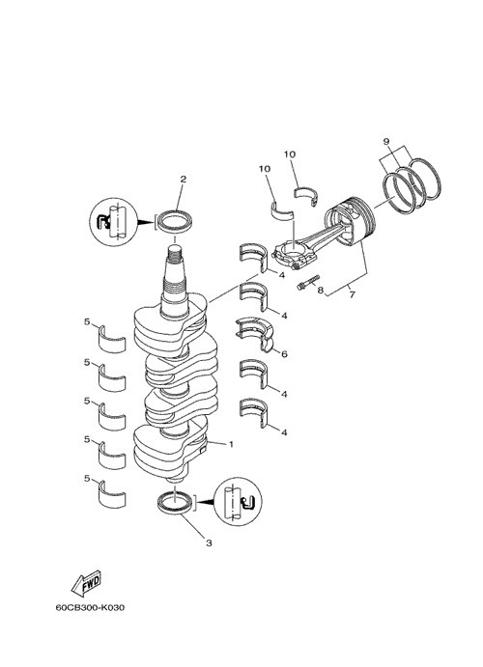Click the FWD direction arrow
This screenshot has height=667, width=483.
pos(86,583)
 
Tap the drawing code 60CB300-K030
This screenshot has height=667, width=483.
pos(90,607)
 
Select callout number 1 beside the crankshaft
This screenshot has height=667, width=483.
pos(231,445)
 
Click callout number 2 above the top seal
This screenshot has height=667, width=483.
pos(183,180)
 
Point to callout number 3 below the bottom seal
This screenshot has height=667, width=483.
pos(209,543)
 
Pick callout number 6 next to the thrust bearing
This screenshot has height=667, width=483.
pos(284,354)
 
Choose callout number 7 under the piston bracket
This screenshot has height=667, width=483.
pos(352,294)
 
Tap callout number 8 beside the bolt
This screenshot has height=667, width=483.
pos(320,291)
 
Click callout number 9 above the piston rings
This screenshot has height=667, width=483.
pos(386,141)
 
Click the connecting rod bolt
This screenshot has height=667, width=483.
pos(308,283)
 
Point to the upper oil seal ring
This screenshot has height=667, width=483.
pos(175,221)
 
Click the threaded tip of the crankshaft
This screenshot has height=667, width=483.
pos(175,255)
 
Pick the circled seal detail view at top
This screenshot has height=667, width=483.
pos(114,222)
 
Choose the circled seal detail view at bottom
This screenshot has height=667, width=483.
pos(237,501)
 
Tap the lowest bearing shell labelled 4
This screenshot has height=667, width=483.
pos(254,412)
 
